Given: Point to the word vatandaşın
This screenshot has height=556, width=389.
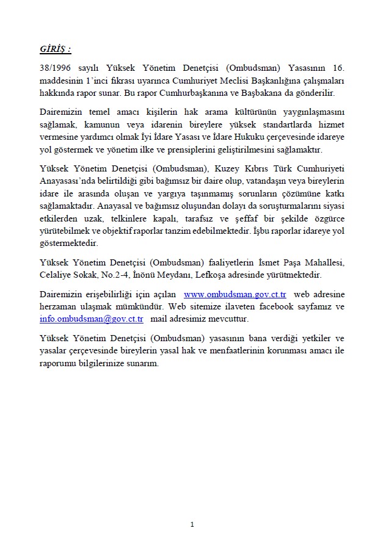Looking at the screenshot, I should [x=266, y=181].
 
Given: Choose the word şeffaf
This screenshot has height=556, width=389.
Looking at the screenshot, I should [x=230, y=219].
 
